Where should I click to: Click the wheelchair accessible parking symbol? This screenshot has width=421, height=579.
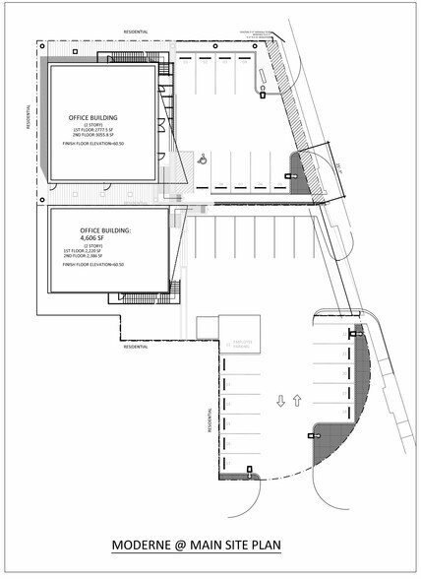coord(201,156)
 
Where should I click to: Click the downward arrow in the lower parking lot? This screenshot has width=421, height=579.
coord(280,402)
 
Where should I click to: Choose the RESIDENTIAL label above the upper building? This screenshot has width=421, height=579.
coord(135,32)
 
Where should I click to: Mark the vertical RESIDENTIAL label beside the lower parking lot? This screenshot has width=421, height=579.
coord(210,421)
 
